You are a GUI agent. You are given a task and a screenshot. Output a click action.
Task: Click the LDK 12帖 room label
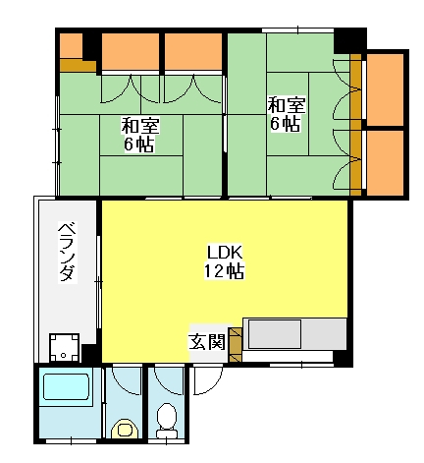(x=225, y=261)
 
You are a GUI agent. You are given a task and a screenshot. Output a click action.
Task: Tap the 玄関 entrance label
(x=207, y=342)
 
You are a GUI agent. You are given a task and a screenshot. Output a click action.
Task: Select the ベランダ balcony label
(x=68, y=252)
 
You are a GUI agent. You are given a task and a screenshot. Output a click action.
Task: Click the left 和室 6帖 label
(x=140, y=135)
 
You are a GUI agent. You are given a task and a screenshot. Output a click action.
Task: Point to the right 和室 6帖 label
(x=287, y=114)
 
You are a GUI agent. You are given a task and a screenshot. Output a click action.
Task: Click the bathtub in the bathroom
(x=67, y=387)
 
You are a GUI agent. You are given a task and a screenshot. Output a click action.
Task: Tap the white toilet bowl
(x=167, y=420)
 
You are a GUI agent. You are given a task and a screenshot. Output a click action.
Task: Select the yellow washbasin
(x=123, y=429)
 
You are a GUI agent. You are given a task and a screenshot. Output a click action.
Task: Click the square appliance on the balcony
(x=64, y=347)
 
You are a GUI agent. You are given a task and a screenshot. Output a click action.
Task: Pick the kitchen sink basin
(x=275, y=334)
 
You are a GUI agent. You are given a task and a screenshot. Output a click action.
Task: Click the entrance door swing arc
(x=209, y=380)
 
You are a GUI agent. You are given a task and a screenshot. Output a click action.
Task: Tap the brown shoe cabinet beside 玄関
(x=235, y=345)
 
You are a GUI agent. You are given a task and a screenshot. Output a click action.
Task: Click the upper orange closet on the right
(x=385, y=89)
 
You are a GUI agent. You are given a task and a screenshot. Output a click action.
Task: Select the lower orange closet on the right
(x=385, y=163)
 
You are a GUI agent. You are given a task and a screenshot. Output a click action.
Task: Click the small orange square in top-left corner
(x=71, y=46)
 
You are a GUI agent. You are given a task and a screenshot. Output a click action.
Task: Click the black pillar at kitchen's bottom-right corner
(x=343, y=359)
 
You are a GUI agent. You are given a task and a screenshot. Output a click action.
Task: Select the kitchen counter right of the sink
(x=324, y=334)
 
